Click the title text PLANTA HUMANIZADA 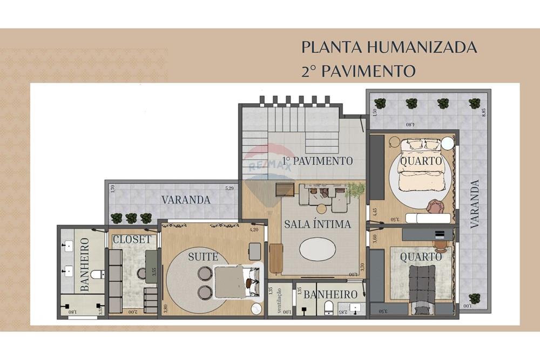tap(389, 47)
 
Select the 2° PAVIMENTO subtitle tap(359, 71)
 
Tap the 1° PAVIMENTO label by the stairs tap(318, 160)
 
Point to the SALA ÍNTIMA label tap(318, 224)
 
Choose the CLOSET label tap(132, 239)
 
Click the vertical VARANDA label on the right tap(475, 205)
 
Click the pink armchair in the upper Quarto tap(435, 206)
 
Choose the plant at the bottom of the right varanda tap(475, 298)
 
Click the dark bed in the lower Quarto tap(423, 283)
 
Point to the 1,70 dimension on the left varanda tap(112, 189)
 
